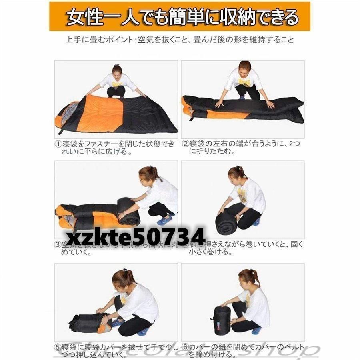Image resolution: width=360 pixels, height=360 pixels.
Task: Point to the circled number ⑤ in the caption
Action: click(x=58, y=347)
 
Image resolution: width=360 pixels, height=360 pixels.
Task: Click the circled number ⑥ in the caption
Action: click(x=185, y=347)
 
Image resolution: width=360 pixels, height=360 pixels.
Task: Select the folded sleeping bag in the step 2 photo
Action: click(x=240, y=107)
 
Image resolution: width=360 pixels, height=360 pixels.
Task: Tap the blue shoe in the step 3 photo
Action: click(x=164, y=220)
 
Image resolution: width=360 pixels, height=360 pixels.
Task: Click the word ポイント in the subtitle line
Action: click(x=113, y=40)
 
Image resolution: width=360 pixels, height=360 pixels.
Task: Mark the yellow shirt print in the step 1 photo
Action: click(x=117, y=84)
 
